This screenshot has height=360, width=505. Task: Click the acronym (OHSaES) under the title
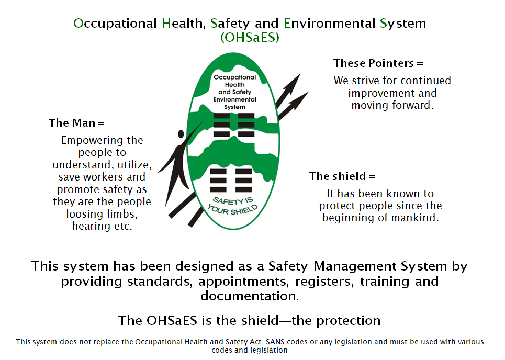pos(250,38)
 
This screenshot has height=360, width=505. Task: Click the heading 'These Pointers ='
pos(378,63)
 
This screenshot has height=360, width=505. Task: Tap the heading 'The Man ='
pos(76,123)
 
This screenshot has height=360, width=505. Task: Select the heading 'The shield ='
pos(342,176)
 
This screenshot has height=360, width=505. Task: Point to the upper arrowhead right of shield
pos(294,82)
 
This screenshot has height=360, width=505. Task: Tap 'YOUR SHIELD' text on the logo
pos(234,209)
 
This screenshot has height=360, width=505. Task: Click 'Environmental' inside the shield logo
pos(234,99)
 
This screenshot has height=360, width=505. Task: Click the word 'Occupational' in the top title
pos(115,24)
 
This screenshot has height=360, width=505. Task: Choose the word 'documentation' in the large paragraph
pos(250,296)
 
